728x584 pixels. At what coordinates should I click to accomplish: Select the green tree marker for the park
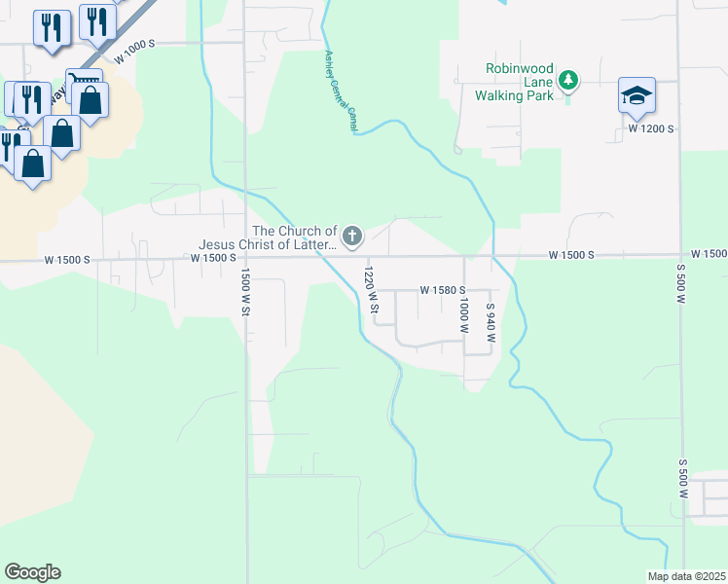[x=570, y=80]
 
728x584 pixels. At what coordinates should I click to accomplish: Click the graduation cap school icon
[x=637, y=96]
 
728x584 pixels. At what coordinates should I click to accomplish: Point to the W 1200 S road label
[x=651, y=128]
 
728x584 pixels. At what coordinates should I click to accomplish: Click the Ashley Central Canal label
[x=342, y=91]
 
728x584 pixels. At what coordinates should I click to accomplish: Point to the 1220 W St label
[x=371, y=290]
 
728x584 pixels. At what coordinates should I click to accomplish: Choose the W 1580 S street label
[x=444, y=290]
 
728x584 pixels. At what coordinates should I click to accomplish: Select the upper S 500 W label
[x=681, y=282]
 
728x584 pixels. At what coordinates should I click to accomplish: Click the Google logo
[x=32, y=572]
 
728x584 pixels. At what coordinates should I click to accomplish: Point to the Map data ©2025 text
[x=687, y=576]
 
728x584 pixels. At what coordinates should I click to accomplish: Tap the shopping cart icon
[x=85, y=82]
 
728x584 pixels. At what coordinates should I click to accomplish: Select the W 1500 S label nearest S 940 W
[x=571, y=254]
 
